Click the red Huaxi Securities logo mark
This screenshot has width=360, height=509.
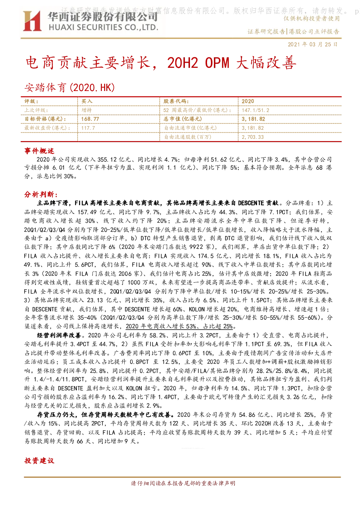[x=32, y=21]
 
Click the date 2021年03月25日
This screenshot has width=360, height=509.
[x=313, y=44]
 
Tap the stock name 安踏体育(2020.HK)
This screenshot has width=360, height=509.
[x=70, y=87]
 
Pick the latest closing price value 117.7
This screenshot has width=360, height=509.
[x=88, y=128]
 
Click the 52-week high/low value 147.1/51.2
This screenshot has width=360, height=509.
[x=255, y=110]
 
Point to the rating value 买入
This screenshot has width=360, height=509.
[x=87, y=101]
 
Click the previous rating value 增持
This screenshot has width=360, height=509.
[x=87, y=110]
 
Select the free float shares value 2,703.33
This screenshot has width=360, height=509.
[x=252, y=137]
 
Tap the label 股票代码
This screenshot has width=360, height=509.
[x=176, y=101]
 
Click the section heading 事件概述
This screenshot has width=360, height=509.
[x=39, y=151]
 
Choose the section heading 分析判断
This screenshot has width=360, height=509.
[x=41, y=194]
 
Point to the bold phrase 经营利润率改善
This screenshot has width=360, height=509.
[x=59, y=335]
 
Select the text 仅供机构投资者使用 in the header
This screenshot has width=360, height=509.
[x=311, y=18]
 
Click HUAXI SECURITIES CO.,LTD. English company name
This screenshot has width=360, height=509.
[x=104, y=27]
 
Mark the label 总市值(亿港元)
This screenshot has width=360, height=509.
[x=182, y=119]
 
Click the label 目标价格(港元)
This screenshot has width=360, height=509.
[x=45, y=119]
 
